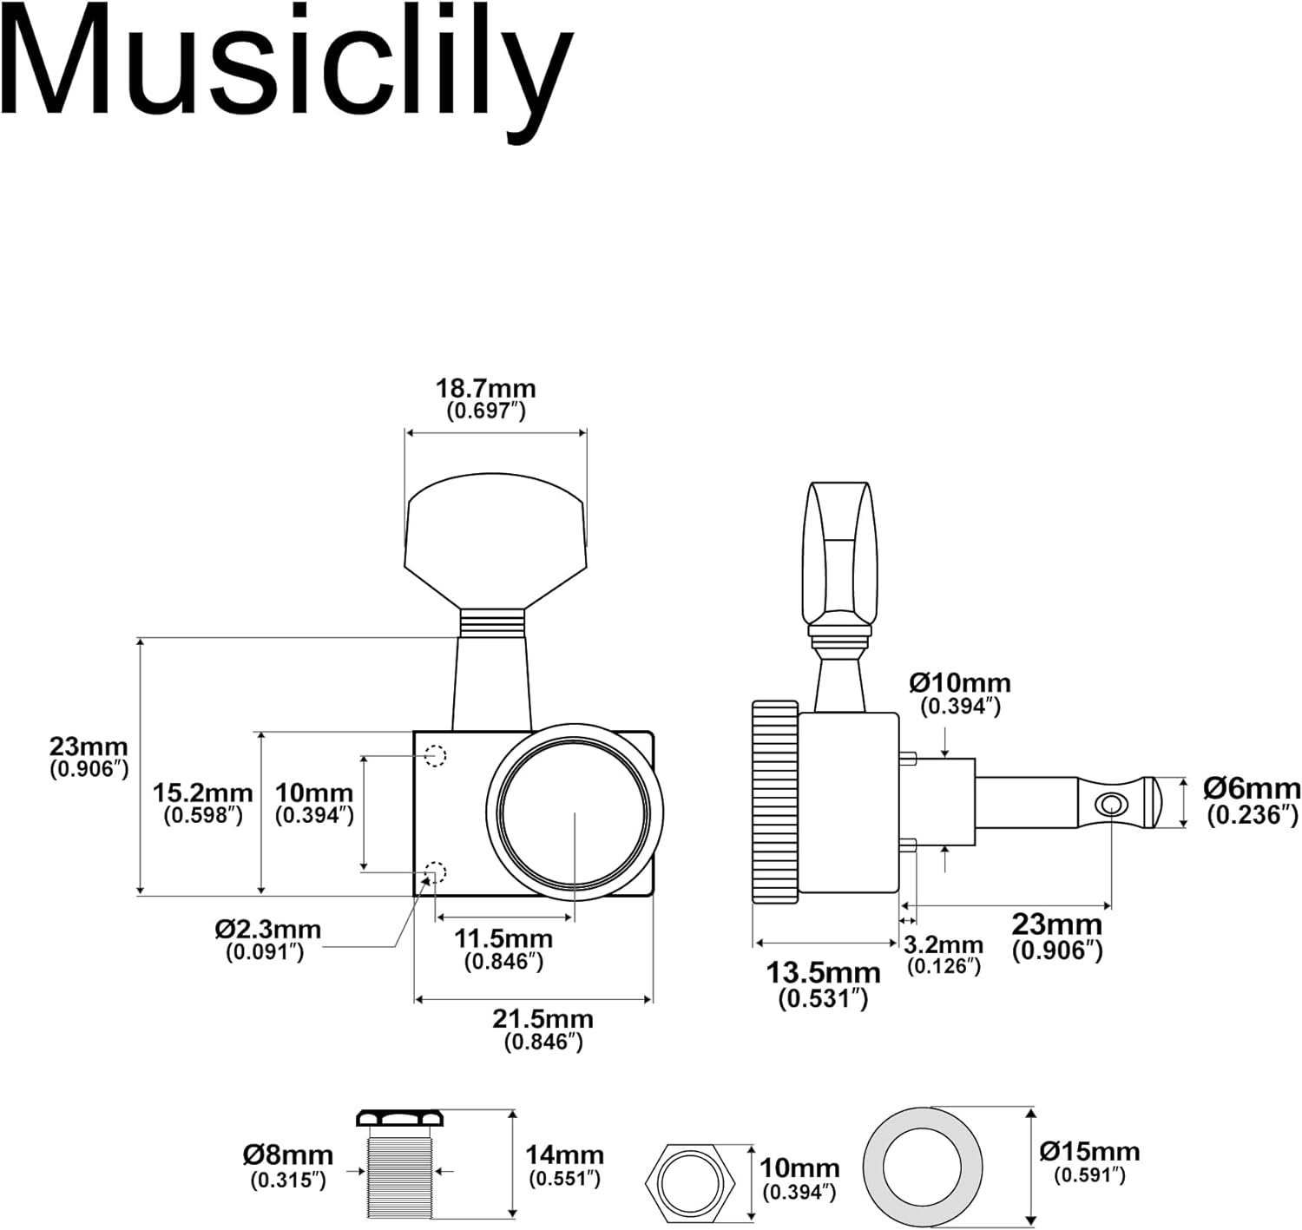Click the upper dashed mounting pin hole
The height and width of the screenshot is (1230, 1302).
point(436,756)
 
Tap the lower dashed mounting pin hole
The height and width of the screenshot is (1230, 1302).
point(435,872)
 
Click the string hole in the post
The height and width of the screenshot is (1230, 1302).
point(1108,804)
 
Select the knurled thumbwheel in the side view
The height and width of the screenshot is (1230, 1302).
point(774,802)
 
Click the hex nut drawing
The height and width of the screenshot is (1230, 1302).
point(691,1182)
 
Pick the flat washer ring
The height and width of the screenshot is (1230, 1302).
point(923,1166)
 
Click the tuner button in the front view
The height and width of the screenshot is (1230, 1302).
point(495,538)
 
